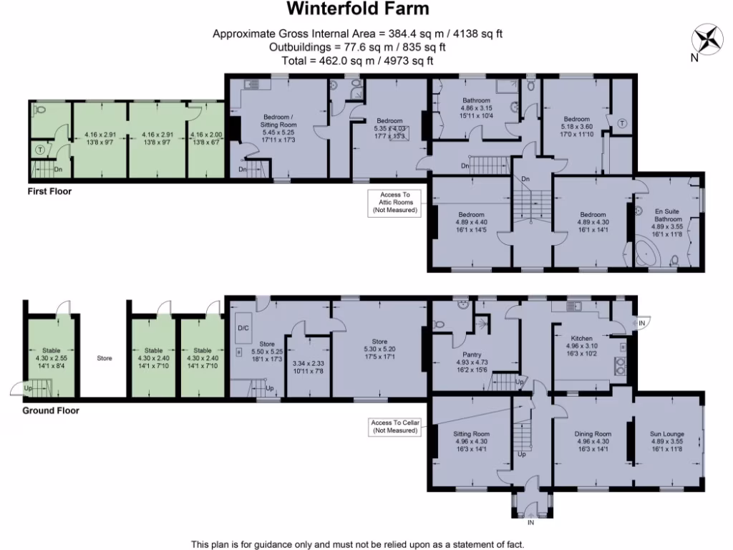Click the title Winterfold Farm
pyautogui.click(x=358, y=9)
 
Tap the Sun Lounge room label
pyautogui.click(x=667, y=434)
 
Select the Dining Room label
pyautogui.click(x=593, y=434)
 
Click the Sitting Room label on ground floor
pyautogui.click(x=472, y=434)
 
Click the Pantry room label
pyautogui.click(x=472, y=354)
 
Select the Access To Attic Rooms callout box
pyautogui.click(x=396, y=202)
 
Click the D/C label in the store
pyautogui.click(x=242, y=329)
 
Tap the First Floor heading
pyautogui.click(x=49, y=192)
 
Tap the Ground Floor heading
pyautogui.click(x=51, y=411)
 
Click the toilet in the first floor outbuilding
pyautogui.click(x=41, y=111)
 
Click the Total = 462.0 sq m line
pyautogui.click(x=358, y=61)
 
